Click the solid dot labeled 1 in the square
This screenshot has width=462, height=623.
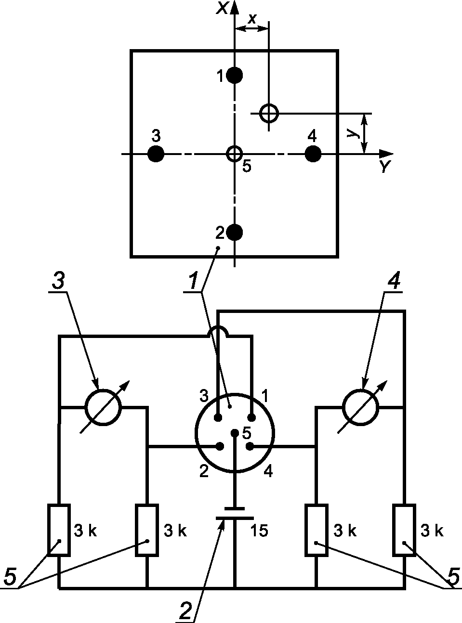coord(234,75)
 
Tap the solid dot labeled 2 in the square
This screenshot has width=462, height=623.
coord(234,233)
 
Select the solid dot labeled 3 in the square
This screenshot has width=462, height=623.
coord(156,154)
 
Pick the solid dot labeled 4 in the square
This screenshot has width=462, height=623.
coord(313,154)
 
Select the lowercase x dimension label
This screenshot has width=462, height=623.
coord(252,19)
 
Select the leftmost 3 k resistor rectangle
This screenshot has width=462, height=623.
coord(59,530)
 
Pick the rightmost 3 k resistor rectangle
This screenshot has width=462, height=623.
coord(404,530)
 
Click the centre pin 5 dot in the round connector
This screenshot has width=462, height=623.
coord(235,433)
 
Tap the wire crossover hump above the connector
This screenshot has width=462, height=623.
coord(218,328)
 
